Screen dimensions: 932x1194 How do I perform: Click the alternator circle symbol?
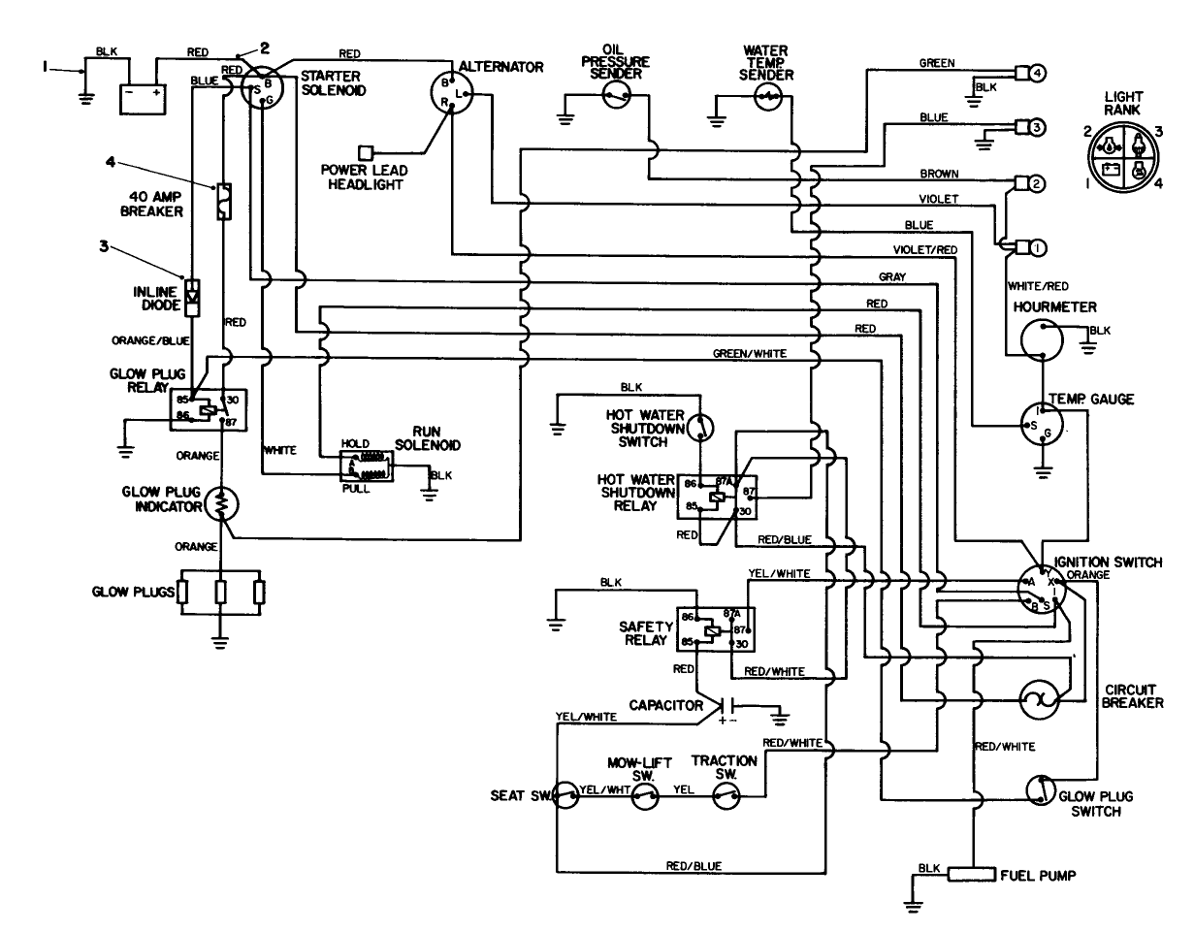451,94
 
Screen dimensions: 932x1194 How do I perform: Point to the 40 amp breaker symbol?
223,201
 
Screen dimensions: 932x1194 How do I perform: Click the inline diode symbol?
193,296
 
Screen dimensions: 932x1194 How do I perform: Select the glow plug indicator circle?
223,504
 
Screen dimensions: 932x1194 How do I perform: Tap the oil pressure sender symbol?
617,93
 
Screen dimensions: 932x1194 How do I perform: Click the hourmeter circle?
1043,339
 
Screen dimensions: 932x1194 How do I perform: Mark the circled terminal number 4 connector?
1037,72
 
